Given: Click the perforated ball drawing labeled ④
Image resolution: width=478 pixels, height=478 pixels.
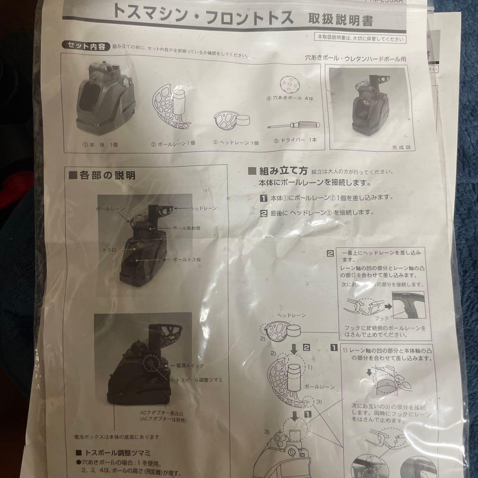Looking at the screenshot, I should click(289, 83).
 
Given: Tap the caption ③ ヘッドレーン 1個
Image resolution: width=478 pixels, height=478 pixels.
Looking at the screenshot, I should click(235, 143).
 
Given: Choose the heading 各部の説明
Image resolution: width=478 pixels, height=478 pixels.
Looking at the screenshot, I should click(103, 175).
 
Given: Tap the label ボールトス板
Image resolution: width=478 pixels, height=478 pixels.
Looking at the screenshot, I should click(186, 260).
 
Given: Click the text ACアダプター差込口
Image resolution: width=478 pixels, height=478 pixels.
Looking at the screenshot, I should click(160, 412).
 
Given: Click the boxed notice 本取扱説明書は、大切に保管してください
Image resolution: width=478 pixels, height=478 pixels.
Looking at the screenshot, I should click(360, 39).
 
